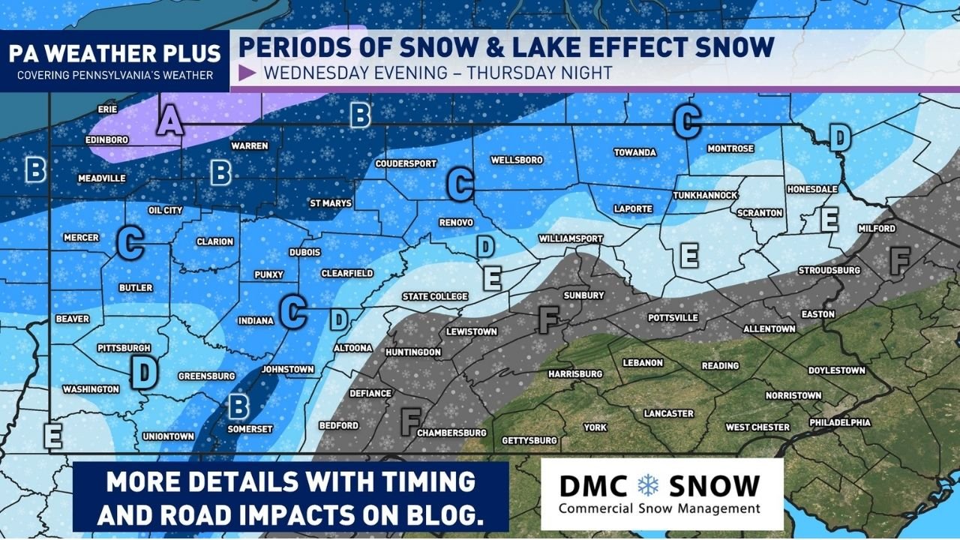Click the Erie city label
click(x=108, y=109)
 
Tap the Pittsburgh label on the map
click(x=124, y=348)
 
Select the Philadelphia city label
click(x=839, y=423)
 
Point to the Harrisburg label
click(x=575, y=373)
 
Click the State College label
click(x=435, y=296)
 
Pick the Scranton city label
click(x=760, y=213)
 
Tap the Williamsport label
click(x=571, y=238)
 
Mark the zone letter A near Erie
click(x=170, y=120)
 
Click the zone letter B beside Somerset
click(x=238, y=406)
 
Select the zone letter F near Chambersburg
click(x=409, y=421)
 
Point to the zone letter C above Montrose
click(x=687, y=121)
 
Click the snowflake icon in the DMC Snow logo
click(x=647, y=485)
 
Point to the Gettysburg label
click(x=529, y=440)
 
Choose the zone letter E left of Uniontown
click(x=52, y=436)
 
